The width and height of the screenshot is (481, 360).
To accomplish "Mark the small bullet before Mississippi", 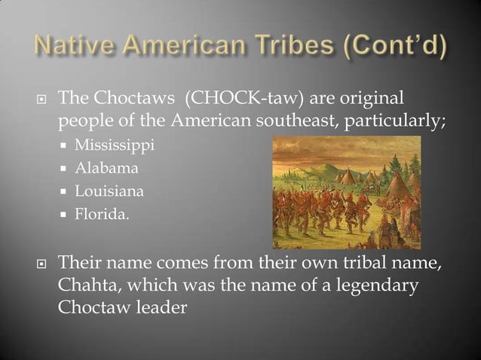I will coord(66,145).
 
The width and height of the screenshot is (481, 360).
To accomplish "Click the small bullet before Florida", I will coord(66,216).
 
